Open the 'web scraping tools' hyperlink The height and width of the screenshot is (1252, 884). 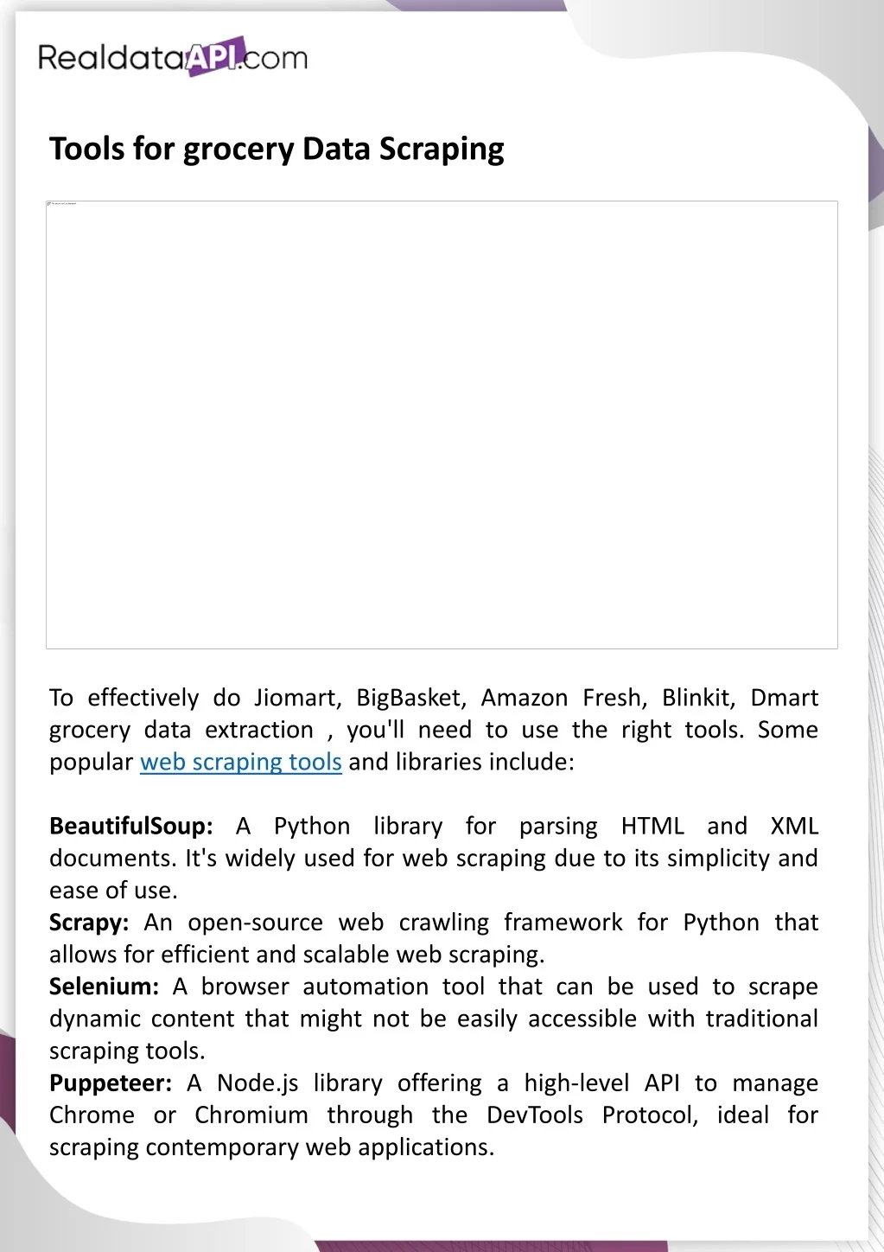(x=241, y=762)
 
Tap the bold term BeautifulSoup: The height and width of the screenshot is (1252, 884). (x=130, y=826)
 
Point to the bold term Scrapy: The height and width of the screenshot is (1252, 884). (x=89, y=923)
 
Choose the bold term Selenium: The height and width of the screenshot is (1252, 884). (x=104, y=987)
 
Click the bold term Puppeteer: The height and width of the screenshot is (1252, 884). (x=111, y=1083)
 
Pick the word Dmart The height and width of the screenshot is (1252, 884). (x=784, y=698)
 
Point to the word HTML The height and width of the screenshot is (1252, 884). (x=652, y=826)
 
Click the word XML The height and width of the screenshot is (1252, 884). (x=794, y=826)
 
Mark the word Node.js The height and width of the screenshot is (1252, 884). (x=258, y=1083)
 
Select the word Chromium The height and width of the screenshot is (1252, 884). (x=251, y=1115)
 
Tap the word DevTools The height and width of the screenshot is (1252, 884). (x=535, y=1115)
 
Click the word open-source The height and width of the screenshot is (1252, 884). (x=255, y=923)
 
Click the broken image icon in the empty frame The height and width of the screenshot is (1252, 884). (x=49, y=204)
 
